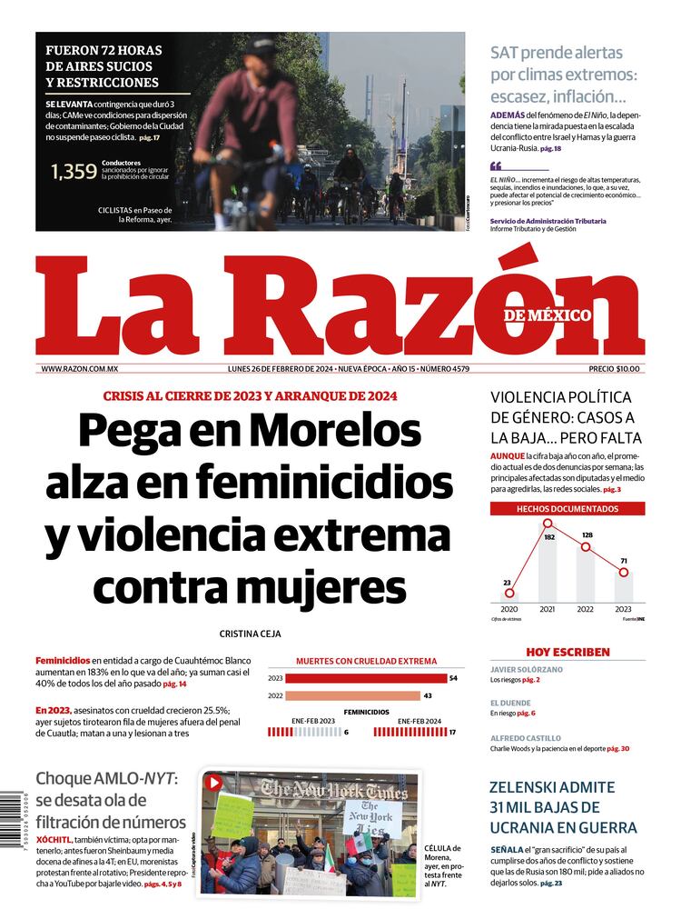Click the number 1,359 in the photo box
point(74,171)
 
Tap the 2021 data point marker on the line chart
point(548,523)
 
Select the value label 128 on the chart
point(587,534)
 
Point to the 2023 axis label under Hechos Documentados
point(623,609)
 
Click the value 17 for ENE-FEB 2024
point(452,732)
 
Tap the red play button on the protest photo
point(213,783)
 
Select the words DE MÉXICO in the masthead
point(548,315)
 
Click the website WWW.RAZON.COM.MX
point(80,369)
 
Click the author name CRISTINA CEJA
point(250,634)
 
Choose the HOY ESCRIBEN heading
point(567,652)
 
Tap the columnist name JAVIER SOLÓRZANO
point(527,669)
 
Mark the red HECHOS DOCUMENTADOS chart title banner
point(567,509)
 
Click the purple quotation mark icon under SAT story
point(496,166)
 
